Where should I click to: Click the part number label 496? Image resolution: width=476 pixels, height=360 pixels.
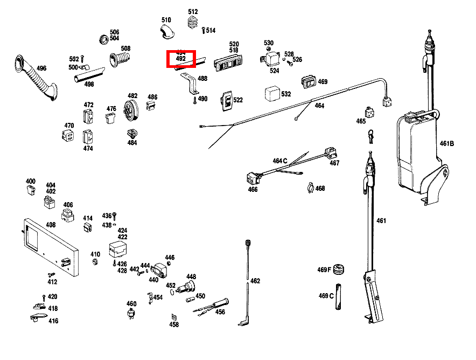[41, 68]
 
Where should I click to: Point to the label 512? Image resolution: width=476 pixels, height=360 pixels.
[193, 12]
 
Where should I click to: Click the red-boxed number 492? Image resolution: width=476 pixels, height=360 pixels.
[181, 58]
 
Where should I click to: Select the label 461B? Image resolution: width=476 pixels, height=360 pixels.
[447, 143]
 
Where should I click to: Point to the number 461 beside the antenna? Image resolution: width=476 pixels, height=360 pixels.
[381, 220]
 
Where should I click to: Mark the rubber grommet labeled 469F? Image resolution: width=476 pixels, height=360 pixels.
[339, 269]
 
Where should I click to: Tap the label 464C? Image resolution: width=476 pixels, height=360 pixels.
[280, 161]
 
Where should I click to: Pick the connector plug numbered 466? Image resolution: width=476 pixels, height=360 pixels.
[251, 177]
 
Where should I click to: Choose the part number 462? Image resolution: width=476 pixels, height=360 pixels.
[255, 281]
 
